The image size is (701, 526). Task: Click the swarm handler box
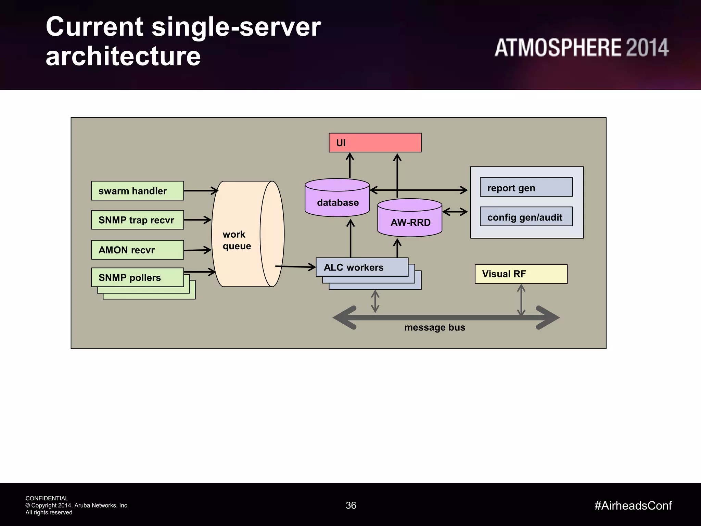[137, 191]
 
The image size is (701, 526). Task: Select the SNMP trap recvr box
[137, 220]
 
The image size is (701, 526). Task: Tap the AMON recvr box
[137, 250]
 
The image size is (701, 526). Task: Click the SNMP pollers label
[130, 277]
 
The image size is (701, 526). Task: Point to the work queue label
[237, 240]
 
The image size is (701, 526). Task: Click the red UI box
[375, 143]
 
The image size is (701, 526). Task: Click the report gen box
[526, 187]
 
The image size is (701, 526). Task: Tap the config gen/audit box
[526, 217]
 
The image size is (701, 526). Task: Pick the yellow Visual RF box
[521, 274]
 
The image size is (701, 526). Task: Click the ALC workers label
[354, 267]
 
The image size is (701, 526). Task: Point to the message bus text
[434, 327]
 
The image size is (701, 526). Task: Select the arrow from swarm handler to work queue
[201, 191]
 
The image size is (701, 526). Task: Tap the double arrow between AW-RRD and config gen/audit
[455, 212]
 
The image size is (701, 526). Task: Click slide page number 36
[351, 505]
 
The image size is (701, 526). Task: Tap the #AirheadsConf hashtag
[633, 505]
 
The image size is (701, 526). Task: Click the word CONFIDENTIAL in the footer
[47, 498]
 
